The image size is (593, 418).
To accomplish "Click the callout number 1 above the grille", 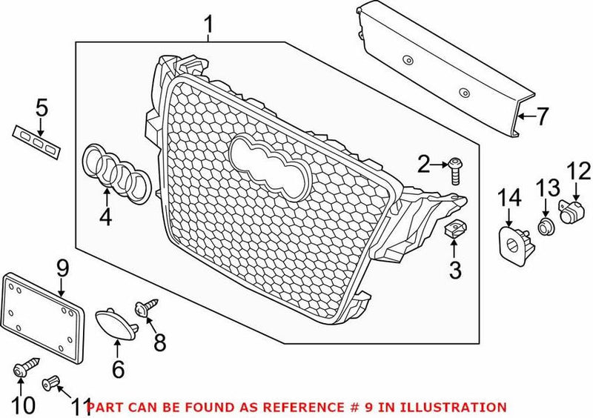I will (209, 26).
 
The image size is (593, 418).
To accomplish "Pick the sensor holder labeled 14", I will (512, 242).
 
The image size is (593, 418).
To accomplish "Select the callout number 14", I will (509, 198).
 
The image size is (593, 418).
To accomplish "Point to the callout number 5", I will (42, 108).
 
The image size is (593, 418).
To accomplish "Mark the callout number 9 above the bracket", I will (62, 265).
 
